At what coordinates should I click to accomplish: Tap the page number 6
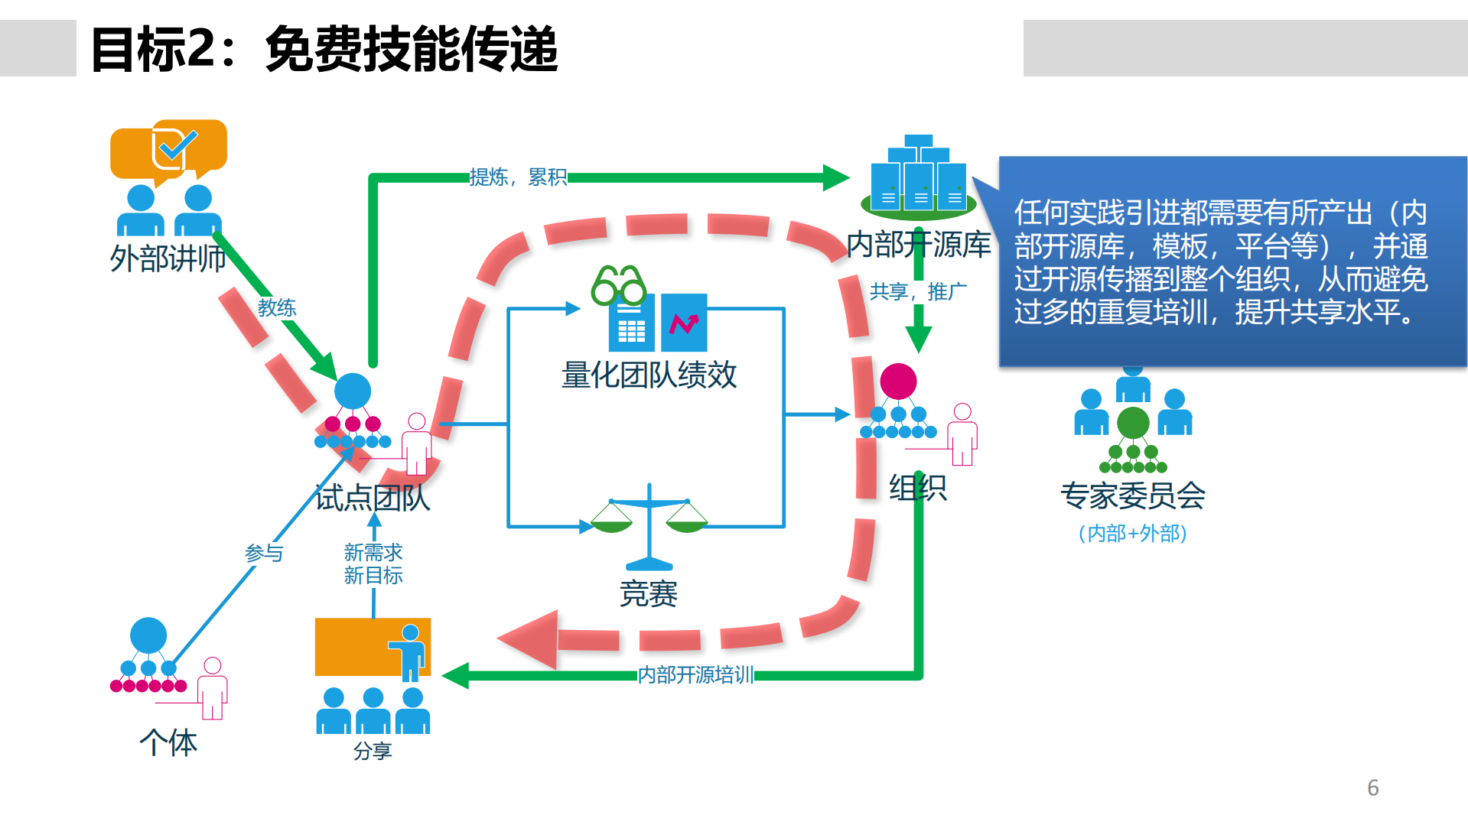point(1372,788)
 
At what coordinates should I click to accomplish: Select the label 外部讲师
point(168,258)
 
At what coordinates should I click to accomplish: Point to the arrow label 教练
point(276,307)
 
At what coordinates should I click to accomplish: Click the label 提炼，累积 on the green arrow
point(518,177)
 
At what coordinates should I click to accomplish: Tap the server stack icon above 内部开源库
point(918,177)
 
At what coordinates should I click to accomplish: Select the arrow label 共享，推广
point(917,291)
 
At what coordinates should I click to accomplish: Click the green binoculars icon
point(618,285)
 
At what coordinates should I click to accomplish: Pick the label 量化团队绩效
point(649,375)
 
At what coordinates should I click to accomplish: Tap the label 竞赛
point(649,593)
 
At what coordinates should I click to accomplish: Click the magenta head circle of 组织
point(898,381)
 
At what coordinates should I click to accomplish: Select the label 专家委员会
point(1132,495)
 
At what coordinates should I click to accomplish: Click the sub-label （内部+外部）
point(1132,533)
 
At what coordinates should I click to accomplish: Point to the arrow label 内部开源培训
point(695,674)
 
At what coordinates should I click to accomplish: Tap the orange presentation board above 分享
point(372,647)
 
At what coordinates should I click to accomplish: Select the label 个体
point(168,742)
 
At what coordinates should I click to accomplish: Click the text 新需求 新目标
point(373,564)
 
